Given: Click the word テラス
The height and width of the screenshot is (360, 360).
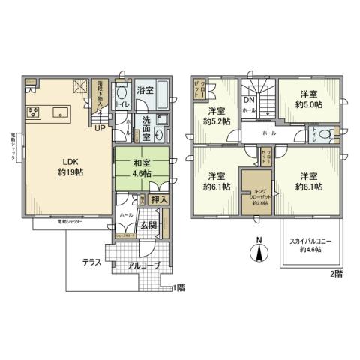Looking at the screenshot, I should coord(94,263).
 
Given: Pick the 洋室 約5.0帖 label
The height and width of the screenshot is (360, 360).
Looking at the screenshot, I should coord(308,99).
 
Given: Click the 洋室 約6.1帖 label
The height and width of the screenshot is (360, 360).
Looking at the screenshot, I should coord(216,181).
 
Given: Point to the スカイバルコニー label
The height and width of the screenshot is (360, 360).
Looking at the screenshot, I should coord(310,244).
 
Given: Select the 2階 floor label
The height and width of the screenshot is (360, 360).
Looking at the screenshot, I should coord(335,274).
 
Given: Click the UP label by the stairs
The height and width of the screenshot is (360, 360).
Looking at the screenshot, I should coord(99,127).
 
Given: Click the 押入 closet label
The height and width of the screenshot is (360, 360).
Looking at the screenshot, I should coord(158,199).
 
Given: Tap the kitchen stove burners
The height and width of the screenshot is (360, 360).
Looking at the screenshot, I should coord(34,112).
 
